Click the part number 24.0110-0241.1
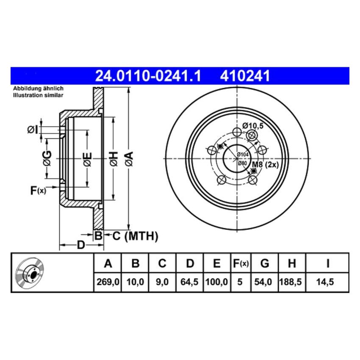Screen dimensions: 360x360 coord(148,76)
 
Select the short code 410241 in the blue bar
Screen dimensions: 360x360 coord(244,76)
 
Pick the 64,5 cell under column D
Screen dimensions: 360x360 coord(190,281)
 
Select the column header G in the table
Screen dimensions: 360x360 coord(264,264)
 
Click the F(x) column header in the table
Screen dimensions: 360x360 coord(240,264)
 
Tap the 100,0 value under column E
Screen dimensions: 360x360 coord(217,281)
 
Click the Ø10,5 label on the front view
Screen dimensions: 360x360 coord(253,125)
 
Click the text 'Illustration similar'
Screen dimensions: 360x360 coord(38,95)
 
